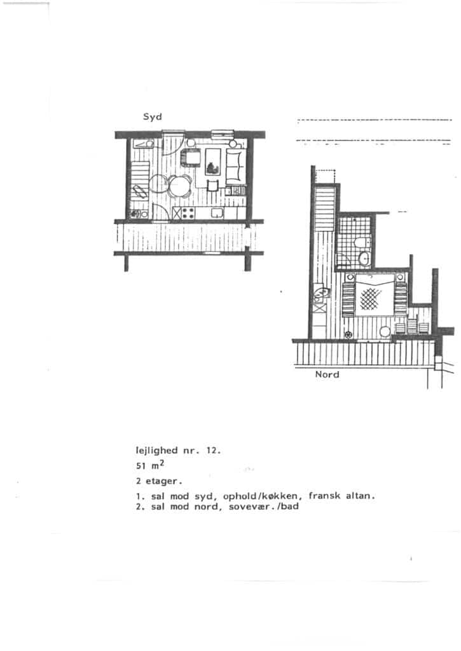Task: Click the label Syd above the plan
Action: [153, 117]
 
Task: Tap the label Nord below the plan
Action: [327, 374]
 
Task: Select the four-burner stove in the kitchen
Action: [189, 213]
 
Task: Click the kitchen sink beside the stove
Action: [217, 212]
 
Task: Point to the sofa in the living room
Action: [235, 167]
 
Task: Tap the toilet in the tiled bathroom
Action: [360, 242]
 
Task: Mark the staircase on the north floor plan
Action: [325, 209]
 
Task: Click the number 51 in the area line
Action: [141, 466]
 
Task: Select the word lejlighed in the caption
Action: [156, 451]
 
